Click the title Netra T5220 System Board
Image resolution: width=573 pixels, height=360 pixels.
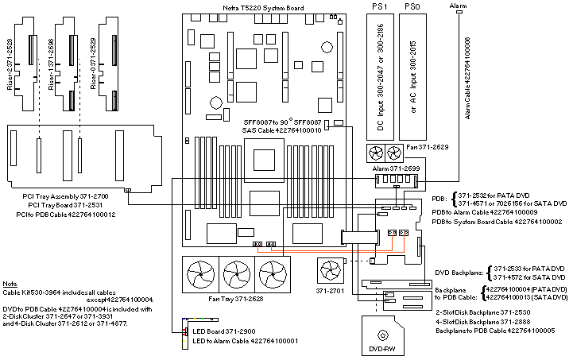[x=263, y=6]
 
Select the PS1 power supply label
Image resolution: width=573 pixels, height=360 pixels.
[x=379, y=6]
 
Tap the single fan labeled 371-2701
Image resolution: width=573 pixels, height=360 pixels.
[x=330, y=271]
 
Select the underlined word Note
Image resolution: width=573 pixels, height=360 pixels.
[x=10, y=284]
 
